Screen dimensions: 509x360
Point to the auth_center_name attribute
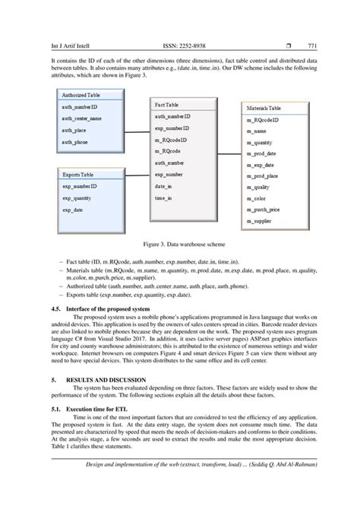(x=82, y=119)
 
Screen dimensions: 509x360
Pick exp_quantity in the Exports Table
(x=79, y=198)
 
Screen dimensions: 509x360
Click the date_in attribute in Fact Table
(x=164, y=186)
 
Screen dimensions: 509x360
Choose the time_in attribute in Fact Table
(x=164, y=198)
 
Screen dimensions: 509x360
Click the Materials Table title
(x=263, y=109)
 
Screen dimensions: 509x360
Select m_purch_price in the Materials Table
(x=263, y=210)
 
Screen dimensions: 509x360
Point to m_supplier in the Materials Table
(x=258, y=221)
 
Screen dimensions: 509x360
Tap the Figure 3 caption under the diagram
(x=180, y=246)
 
